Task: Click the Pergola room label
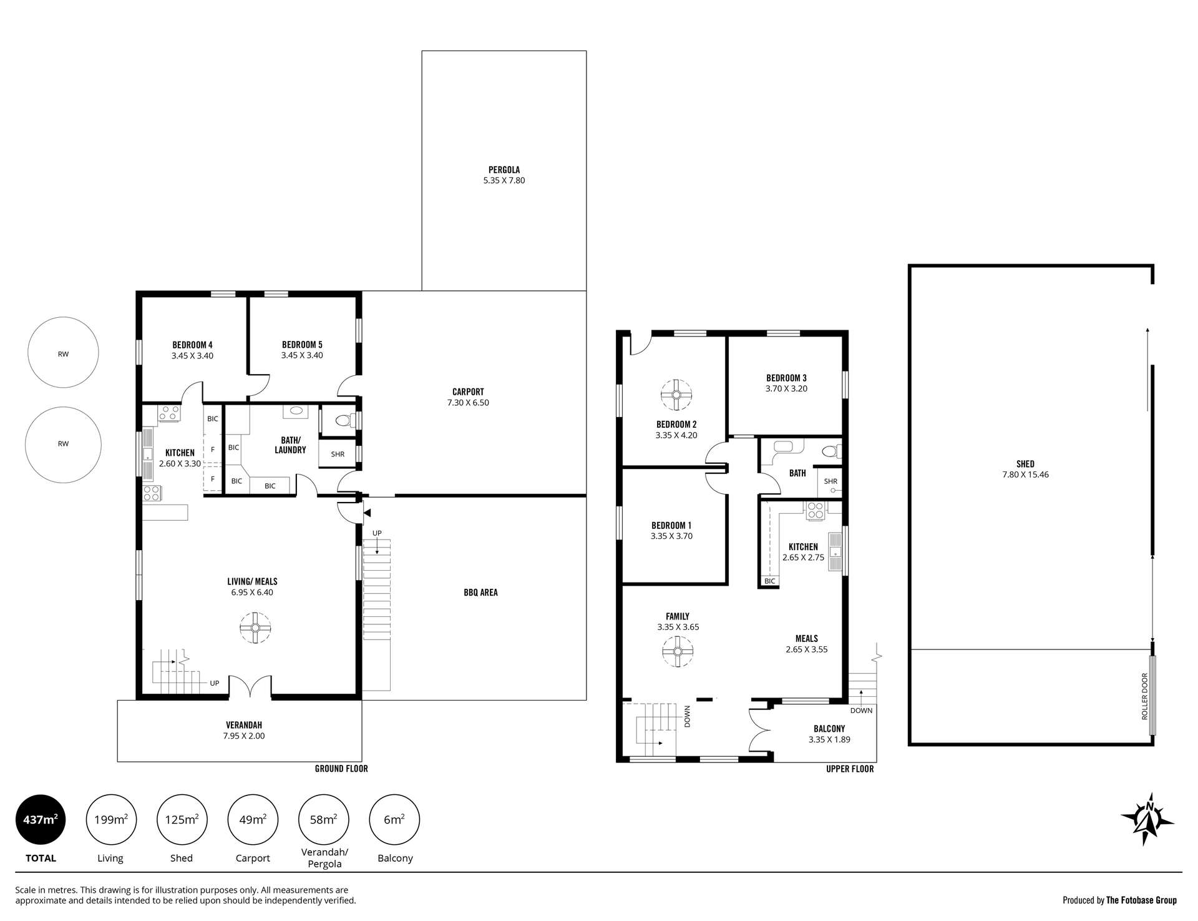504,170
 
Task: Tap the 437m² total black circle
41,820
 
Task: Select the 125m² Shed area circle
182,820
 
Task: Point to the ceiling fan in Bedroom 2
676,395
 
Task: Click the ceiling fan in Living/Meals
255,627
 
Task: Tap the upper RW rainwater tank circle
63,353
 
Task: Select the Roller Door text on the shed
1144,696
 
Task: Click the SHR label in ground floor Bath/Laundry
338,454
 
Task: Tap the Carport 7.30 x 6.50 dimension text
468,403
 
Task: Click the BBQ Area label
480,592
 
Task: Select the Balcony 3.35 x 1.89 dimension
829,739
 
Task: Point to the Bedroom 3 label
786,378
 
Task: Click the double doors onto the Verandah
250,687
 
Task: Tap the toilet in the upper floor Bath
829,451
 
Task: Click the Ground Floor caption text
341,769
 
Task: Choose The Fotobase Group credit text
1141,900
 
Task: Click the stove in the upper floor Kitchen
815,510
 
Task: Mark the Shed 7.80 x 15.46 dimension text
1025,475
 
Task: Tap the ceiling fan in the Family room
677,652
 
